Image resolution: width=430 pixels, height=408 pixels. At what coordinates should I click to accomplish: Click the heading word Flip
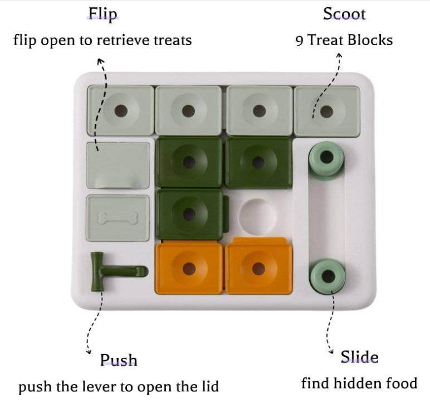tap(103, 14)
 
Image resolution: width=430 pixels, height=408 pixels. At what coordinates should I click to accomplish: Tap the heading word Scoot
tap(344, 14)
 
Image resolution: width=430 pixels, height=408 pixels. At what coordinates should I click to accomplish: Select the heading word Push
tap(119, 360)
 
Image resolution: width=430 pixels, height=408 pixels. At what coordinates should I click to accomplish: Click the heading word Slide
tap(359, 357)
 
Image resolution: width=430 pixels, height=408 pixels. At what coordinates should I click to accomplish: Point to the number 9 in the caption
tap(299, 41)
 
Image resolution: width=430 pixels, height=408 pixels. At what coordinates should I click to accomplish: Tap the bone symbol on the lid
tap(118, 217)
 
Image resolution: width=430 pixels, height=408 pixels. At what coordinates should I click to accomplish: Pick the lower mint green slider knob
tap(327, 275)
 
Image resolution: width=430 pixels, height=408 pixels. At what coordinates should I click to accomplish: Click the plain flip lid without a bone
tap(118, 165)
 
